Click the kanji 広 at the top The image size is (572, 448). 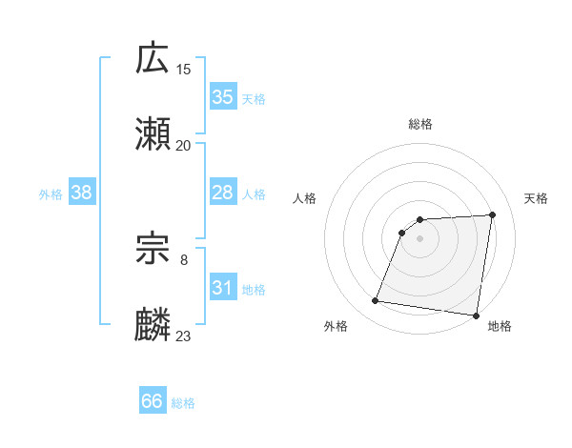[153, 59]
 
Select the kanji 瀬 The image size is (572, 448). [153, 134]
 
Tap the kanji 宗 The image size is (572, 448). [153, 250]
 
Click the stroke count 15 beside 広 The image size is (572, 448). [184, 69]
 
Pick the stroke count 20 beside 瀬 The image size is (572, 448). [184, 145]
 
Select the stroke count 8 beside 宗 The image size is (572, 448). [184, 259]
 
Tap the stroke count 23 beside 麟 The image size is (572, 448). [184, 336]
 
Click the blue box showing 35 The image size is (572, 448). [223, 97]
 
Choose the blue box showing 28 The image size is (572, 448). [223, 193]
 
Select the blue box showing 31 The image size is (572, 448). [223, 288]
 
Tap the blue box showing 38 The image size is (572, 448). [82, 193]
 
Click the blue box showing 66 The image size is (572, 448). [153, 401]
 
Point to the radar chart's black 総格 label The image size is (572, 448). [420, 124]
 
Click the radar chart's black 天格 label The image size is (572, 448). [536, 198]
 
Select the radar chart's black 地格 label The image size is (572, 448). [500, 326]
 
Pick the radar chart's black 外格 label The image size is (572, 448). [336, 326]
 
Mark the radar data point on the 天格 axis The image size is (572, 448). [492, 214]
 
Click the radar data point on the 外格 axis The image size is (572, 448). [376, 301]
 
